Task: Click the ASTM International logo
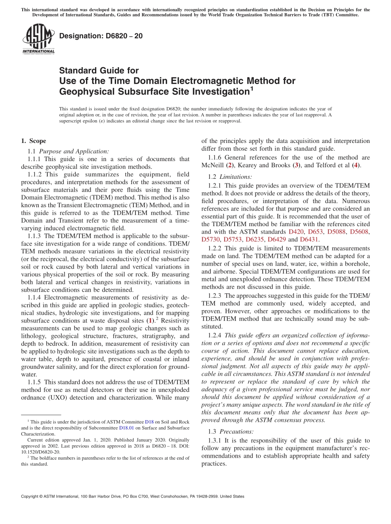pyautogui.click(x=38, y=39)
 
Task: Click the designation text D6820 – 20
pyautogui.click(x=101, y=36)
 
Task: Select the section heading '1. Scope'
pyautogui.click(x=33, y=141)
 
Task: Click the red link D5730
pyautogui.click(x=211, y=239)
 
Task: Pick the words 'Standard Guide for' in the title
pyautogui.click(x=99, y=70)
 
